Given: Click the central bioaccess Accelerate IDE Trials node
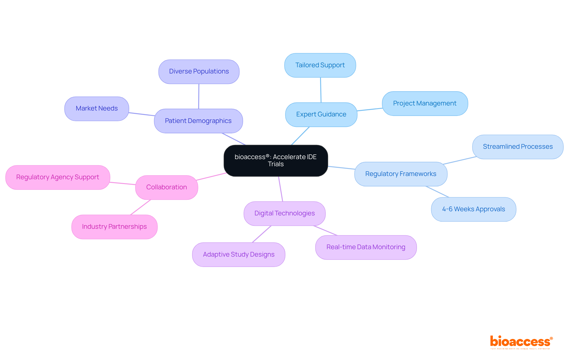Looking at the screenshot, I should [276, 161].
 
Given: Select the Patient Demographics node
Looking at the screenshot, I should [198, 121].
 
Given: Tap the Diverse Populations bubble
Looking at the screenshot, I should [199, 72].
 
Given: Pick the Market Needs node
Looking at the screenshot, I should [97, 109].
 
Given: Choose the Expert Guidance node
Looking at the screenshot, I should [321, 115].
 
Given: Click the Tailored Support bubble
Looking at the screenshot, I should [320, 65].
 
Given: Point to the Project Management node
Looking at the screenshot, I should [425, 103].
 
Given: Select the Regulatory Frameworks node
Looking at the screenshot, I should [401, 174].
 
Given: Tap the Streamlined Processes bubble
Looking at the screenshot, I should [518, 147].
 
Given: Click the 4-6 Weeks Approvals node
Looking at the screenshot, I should [473, 209].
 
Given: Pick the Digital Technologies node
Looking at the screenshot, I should [284, 214].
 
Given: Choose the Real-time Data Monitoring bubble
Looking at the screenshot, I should [366, 247].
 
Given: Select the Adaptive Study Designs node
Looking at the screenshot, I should [239, 255].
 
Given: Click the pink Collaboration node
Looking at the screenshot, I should [167, 188].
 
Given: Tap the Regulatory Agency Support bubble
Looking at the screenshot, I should [58, 177].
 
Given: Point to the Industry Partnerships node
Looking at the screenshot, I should [114, 227].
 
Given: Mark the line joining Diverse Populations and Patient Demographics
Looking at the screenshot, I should [199, 96].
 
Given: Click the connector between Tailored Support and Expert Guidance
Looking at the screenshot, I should [321, 90].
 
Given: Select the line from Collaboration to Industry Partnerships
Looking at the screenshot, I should [141, 207].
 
